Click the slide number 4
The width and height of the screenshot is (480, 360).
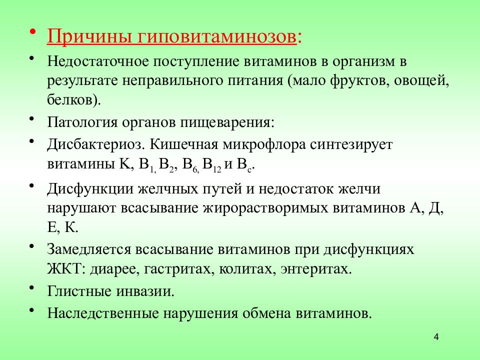pyautogui.click(x=436, y=337)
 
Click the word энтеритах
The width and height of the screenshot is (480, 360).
pyautogui.click(x=312, y=268)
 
